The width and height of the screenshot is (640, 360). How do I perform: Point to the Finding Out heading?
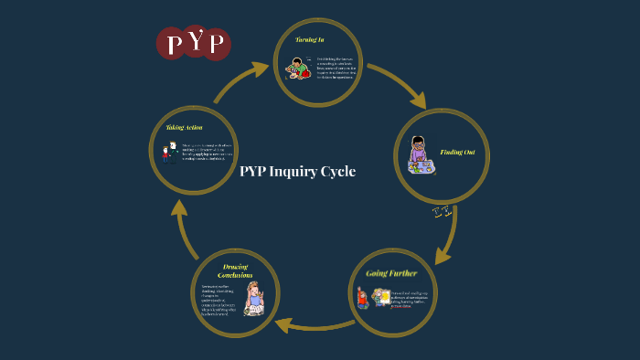[x=457, y=151]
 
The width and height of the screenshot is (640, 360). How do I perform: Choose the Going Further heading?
[x=391, y=272]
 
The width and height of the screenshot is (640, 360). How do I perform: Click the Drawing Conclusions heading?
[x=235, y=270]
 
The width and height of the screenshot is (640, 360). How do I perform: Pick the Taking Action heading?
[x=184, y=127]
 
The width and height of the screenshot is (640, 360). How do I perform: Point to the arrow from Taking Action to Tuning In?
[x=241, y=79]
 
